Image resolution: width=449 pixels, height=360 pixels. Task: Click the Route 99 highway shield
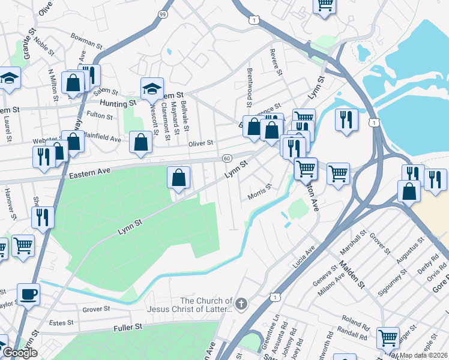[x=163, y=13]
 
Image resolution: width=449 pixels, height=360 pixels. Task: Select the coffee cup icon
[x=28, y=294]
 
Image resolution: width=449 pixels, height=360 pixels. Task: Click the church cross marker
[x=241, y=304]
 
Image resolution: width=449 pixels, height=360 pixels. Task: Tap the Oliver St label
[x=201, y=143]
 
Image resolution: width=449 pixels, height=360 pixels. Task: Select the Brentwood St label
[x=250, y=88]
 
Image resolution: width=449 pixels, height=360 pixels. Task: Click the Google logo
[x=19, y=352]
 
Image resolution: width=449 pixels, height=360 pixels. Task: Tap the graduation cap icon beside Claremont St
[x=152, y=89]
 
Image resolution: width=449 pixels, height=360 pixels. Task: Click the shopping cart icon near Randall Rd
[x=388, y=338]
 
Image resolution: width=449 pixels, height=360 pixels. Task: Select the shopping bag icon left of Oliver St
[x=140, y=143]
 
